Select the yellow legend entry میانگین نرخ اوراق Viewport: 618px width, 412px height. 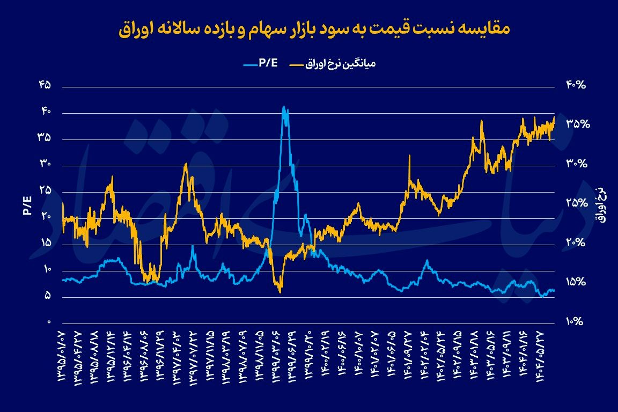pos(333,64)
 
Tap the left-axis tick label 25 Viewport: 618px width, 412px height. pos(45,190)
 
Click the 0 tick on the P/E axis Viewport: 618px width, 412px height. pos(48,322)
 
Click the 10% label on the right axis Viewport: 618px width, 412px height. pos(577,322)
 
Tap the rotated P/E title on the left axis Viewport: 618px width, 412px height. pos(27,204)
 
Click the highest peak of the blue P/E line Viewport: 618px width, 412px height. pos(284,107)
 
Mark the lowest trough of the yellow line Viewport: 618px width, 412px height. pos(280,292)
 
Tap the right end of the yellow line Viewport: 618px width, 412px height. pos(554,117)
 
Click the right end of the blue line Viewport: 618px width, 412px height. pos(554,290)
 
